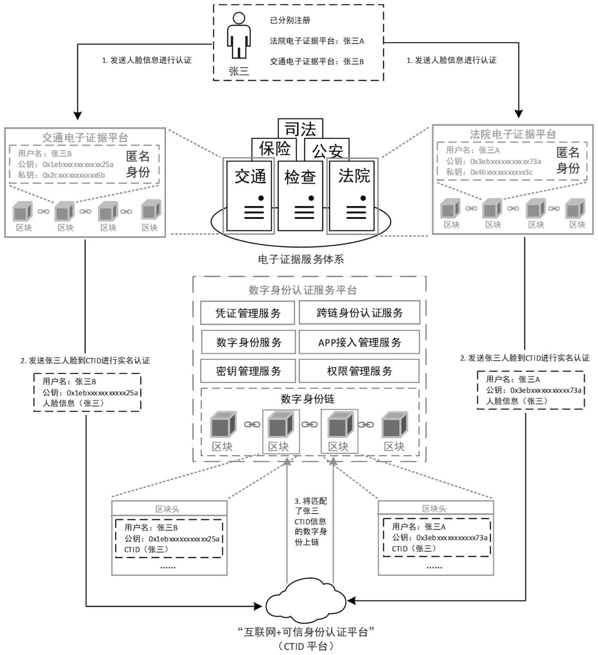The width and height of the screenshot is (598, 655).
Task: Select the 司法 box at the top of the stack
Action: (300, 128)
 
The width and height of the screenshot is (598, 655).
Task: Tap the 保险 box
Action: (274, 149)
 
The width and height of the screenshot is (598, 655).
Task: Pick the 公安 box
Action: (327, 150)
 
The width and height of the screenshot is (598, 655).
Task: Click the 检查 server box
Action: (300, 195)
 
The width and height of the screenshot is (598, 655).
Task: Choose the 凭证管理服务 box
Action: (247, 313)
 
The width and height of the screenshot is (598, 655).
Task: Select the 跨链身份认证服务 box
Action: (359, 313)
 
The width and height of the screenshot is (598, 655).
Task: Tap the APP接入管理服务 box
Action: (359, 342)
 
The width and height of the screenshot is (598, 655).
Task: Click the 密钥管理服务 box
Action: (248, 371)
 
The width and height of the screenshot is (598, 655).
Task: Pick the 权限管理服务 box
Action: (359, 371)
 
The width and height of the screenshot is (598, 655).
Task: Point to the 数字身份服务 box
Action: (248, 342)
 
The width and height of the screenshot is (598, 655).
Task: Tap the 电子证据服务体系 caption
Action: (301, 259)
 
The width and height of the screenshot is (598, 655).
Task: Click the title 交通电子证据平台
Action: (85, 138)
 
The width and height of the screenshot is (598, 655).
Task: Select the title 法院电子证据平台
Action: (513, 134)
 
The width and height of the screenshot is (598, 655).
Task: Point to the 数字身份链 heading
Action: (307, 399)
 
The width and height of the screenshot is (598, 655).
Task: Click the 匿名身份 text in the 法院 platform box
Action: (568, 160)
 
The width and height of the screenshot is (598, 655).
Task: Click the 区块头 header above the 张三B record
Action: (167, 509)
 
